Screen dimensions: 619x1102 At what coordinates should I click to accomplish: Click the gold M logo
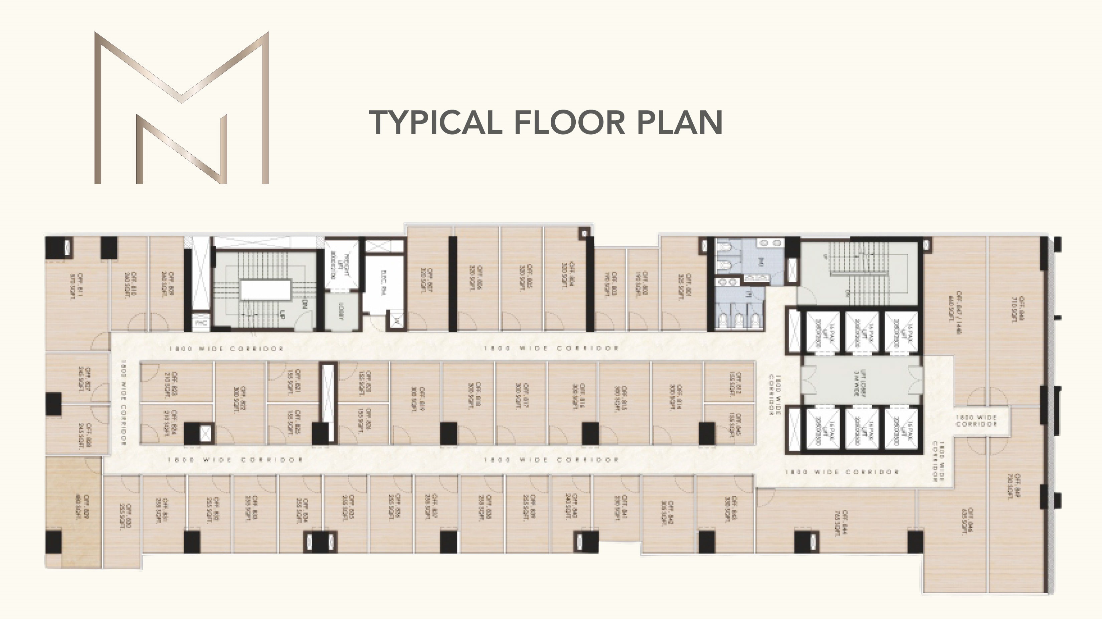(181, 108)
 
